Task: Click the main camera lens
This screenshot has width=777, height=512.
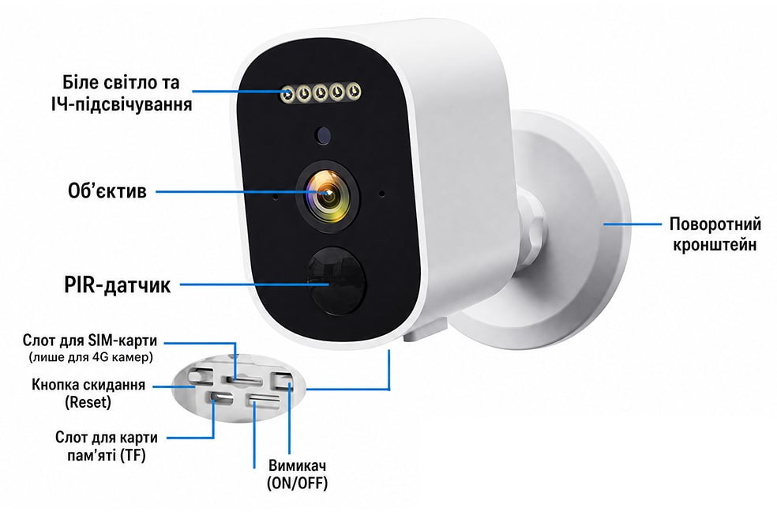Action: point(327,196)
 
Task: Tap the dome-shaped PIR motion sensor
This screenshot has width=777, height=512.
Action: point(336,280)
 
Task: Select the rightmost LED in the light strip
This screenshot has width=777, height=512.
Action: point(354,91)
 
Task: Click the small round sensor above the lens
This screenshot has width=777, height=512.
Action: point(323,134)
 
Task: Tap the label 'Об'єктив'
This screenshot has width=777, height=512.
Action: point(107,191)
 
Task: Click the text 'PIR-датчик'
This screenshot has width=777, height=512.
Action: point(118,285)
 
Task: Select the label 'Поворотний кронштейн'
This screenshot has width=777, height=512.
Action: point(715,234)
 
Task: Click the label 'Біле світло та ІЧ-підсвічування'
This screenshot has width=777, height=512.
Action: point(122,93)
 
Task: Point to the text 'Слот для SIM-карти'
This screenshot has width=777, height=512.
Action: point(90,341)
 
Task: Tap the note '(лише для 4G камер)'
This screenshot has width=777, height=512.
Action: point(90,357)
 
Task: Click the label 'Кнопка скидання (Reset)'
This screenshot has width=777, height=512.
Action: point(88,393)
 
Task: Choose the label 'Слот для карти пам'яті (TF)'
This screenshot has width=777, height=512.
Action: point(107,446)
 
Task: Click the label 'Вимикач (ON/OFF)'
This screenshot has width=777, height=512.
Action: point(297,474)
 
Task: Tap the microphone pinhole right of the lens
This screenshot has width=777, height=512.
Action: point(381,194)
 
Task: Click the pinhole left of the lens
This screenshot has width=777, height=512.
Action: point(275,197)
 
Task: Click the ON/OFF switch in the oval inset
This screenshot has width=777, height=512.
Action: point(281,381)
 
